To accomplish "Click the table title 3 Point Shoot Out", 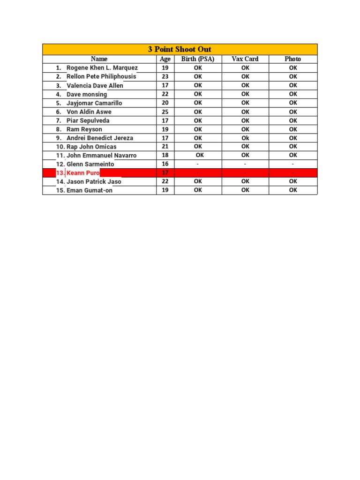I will pyautogui.click(x=180, y=49).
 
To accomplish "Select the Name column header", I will pyautogui.click(x=99, y=59).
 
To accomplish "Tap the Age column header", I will pyautogui.click(x=165, y=59).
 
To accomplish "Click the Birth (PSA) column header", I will pyautogui.click(x=198, y=59).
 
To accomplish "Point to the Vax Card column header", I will pyautogui.click(x=245, y=59).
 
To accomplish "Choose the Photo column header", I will pyautogui.click(x=293, y=59).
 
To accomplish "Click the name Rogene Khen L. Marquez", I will pyautogui.click(x=102, y=68).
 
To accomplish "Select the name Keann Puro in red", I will pyautogui.click(x=83, y=173).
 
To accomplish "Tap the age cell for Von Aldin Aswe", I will pyautogui.click(x=165, y=112).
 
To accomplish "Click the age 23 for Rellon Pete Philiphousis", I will pyautogui.click(x=165, y=76).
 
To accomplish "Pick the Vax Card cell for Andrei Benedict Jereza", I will pyautogui.click(x=245, y=138).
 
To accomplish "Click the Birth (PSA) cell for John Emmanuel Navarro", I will pyautogui.click(x=200, y=155).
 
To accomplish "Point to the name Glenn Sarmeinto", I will pyautogui.click(x=90, y=164).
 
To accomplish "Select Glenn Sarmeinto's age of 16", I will pyautogui.click(x=165, y=164).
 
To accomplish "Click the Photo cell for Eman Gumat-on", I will pyautogui.click(x=293, y=190).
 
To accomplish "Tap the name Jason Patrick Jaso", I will pyautogui.click(x=94, y=181).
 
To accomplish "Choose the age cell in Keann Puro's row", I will pyautogui.click(x=165, y=173).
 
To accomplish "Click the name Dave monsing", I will pyautogui.click(x=87, y=94).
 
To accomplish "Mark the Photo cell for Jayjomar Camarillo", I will pyautogui.click(x=293, y=103).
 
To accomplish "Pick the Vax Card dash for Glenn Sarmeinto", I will pyautogui.click(x=245, y=164).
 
